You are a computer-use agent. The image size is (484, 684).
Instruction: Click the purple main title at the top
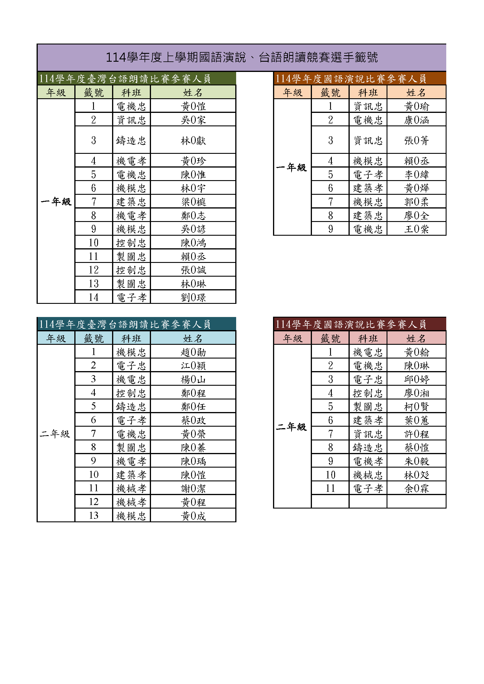coord(242,57)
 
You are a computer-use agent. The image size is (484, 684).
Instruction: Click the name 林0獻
coord(193,140)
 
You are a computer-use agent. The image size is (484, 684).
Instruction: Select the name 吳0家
coord(193,120)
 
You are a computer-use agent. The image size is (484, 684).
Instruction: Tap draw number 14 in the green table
coord(94,297)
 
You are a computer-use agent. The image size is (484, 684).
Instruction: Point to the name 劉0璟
coord(193,297)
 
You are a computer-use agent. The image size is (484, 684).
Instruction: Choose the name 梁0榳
coord(193,202)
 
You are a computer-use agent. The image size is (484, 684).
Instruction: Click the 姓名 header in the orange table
coord(416,92)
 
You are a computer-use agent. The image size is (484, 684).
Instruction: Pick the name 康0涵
coord(416,120)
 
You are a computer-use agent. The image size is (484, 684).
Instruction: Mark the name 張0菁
coord(416,140)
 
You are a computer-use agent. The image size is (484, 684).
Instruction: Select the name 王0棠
coord(416,229)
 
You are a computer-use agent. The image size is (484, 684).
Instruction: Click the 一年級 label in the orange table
coord(291,167)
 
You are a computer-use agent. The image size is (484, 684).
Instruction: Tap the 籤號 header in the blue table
coord(94,338)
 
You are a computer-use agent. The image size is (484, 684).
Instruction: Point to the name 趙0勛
coord(193,352)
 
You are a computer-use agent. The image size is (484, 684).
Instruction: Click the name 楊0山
coord(193,379)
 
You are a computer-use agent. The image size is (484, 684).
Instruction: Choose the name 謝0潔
coord(193,488)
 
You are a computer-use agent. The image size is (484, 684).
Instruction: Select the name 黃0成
coord(193,516)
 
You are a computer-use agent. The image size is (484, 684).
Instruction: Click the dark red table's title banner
coord(359,324)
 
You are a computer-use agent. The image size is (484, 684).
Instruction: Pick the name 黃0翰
coord(416,352)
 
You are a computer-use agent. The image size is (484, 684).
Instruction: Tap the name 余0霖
coord(416,488)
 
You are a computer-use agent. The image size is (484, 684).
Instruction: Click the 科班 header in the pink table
coord(368,338)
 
